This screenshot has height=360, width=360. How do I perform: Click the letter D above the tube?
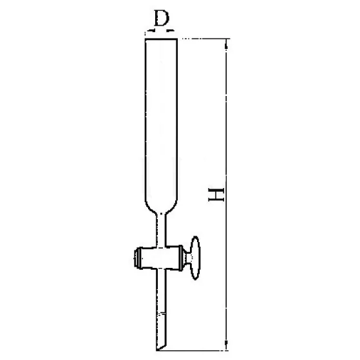click(162, 18)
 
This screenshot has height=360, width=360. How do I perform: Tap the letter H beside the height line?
click(216, 194)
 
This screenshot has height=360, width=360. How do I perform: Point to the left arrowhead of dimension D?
click(150, 30)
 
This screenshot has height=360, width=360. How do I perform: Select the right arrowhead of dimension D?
click(170, 30)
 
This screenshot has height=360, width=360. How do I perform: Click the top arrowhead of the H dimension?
click(227, 44)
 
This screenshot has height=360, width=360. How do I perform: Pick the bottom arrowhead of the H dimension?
click(226, 345)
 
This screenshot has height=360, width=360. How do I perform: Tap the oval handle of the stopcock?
click(196, 258)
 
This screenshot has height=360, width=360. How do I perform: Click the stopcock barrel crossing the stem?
click(162, 257)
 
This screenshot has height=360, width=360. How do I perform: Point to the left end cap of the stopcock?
click(137, 258)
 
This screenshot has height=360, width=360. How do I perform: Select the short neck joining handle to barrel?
click(189, 258)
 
